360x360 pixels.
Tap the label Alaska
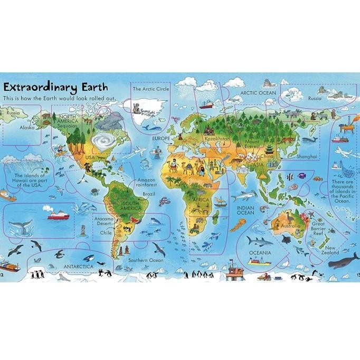point(27,128)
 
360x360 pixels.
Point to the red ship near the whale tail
point(59,215)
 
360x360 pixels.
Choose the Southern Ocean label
point(143,260)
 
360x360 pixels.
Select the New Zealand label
point(331,251)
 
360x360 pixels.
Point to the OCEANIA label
point(260,253)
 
